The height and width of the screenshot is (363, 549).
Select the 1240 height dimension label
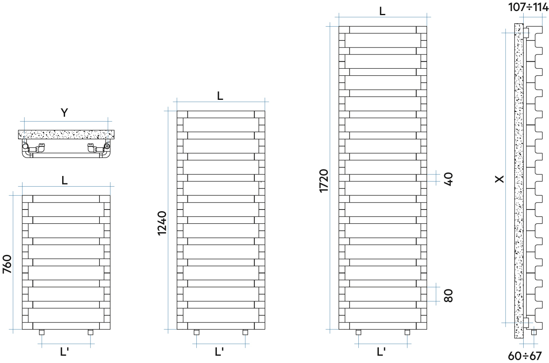coord(162,223)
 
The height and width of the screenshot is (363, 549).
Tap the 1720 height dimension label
coord(324,180)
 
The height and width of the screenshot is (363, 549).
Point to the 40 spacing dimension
coord(449,179)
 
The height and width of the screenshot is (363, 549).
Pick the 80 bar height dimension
coord(449,295)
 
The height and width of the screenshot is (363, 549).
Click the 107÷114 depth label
coord(528,7)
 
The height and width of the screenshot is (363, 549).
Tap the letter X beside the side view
coord(500,179)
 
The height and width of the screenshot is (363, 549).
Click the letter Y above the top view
coord(64,113)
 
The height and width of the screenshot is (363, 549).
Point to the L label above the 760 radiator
coord(65,180)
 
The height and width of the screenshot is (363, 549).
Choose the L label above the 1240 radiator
coord(220,96)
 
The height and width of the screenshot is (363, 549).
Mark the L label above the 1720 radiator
coord(382,11)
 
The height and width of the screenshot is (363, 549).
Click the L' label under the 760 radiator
coord(64,352)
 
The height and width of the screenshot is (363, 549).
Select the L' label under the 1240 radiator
coord(219,352)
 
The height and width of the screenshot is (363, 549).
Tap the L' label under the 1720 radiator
coord(381,352)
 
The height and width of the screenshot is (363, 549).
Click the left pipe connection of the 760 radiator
coord(41,332)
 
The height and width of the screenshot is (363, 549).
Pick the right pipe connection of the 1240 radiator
coord(245,332)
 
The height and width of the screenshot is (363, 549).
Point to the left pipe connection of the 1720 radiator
coord(358,332)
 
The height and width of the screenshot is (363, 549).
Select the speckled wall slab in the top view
coord(66,134)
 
